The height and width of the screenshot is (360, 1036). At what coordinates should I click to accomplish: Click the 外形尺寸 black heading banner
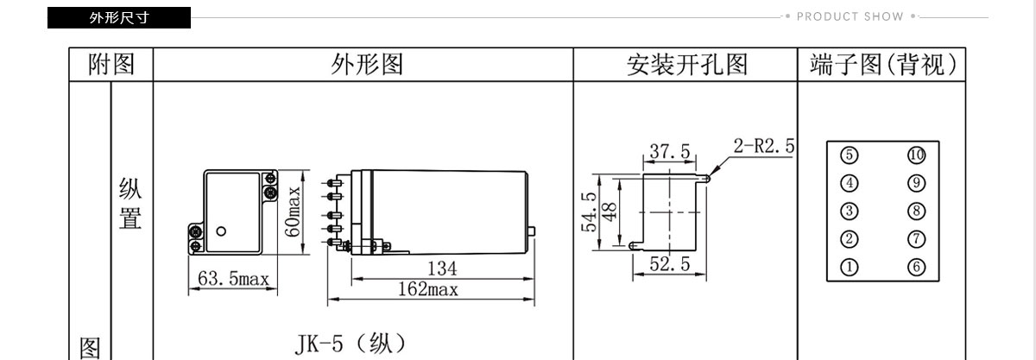point(119,17)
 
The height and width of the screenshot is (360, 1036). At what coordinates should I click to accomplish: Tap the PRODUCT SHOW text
point(850,16)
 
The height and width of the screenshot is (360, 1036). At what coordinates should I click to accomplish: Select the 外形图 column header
point(367,65)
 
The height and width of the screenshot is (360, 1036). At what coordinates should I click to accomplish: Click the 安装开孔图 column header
point(687,65)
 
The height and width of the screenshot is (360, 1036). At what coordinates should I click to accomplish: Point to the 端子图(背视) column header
point(883,65)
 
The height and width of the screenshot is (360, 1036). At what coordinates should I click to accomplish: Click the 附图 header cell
point(111,65)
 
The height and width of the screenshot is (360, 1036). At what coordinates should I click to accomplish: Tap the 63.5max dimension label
point(233,279)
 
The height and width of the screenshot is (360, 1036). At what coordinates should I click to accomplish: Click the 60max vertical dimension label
point(293,212)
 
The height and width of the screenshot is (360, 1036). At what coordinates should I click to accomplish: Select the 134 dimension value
point(442,268)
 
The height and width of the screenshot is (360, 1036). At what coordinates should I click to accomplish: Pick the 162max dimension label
point(428,290)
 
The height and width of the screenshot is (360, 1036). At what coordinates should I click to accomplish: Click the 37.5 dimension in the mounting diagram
point(670,151)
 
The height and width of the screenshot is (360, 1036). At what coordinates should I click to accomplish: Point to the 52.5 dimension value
point(670,264)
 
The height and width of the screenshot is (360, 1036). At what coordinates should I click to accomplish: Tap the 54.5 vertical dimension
point(589,212)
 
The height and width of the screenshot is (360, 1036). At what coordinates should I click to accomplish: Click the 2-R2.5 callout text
point(763,146)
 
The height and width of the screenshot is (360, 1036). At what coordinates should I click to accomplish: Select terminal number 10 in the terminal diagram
point(916,155)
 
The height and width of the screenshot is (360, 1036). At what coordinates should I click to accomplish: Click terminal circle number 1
point(850,267)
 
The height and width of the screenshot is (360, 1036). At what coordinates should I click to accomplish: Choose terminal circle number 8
point(916,211)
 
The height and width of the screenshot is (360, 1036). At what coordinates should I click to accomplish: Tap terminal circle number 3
point(850,211)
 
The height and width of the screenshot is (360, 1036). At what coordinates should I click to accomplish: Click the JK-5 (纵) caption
point(351,344)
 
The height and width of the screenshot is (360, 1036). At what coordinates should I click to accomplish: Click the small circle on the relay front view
point(221,231)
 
